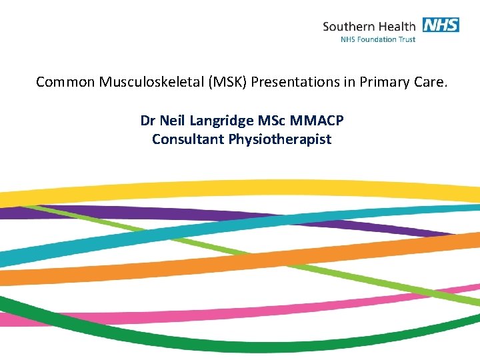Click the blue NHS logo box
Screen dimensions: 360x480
tap(440, 25)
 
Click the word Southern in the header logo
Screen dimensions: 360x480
tap(349, 27)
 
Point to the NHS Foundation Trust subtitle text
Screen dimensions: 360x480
tap(377, 39)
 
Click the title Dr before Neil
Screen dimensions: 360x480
tap(148, 121)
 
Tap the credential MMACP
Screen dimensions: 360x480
tap(317, 121)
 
